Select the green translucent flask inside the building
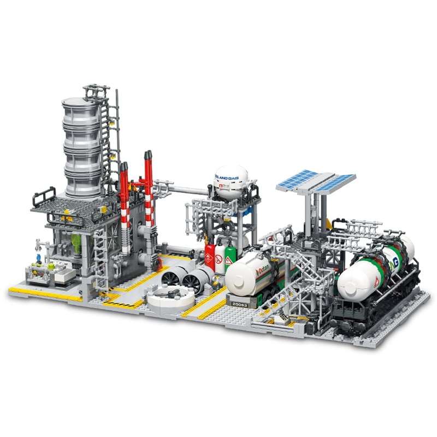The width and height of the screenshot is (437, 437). pos(77,243)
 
